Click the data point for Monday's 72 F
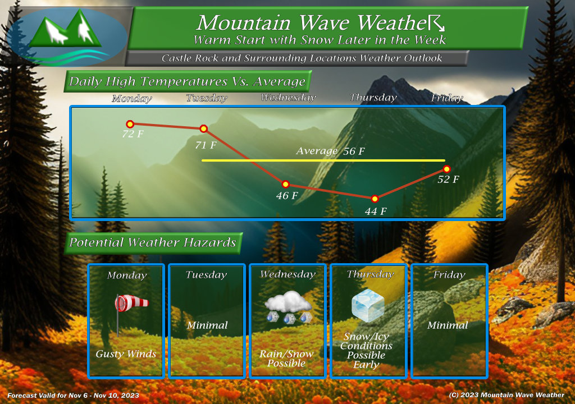pos(130,124)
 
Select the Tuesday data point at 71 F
pos(203,128)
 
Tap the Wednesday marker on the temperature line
pos(285,184)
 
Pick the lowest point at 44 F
pos(375,199)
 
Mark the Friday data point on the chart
pos(446,169)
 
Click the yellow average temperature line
pos(323,160)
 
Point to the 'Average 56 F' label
pos(330,151)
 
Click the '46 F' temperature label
pos(287,195)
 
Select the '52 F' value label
pos(448,179)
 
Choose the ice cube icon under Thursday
pos(368,305)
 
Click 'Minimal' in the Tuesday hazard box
pos(207,325)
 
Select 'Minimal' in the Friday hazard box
pos(448,325)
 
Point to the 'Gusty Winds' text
pos(126,353)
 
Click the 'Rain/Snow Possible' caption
pos(286,359)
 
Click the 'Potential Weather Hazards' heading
pos(153,242)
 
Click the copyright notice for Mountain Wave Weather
pos(506,395)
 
